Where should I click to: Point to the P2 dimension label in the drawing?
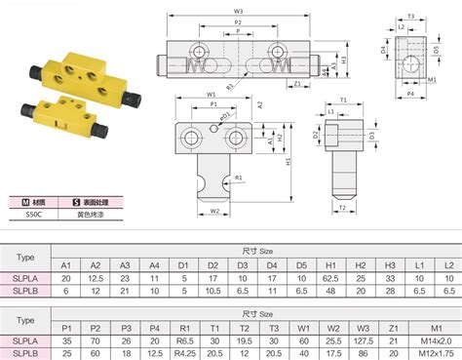(x=238, y=20)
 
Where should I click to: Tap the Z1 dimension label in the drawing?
(x=296, y=85)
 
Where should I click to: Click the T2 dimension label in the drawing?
(x=342, y=209)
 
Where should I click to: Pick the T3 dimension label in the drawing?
(x=411, y=17)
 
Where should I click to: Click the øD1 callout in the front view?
(x=226, y=115)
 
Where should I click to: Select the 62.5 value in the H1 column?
(x=330, y=278)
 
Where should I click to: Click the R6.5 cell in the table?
(x=183, y=340)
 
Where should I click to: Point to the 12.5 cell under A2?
(x=96, y=278)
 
